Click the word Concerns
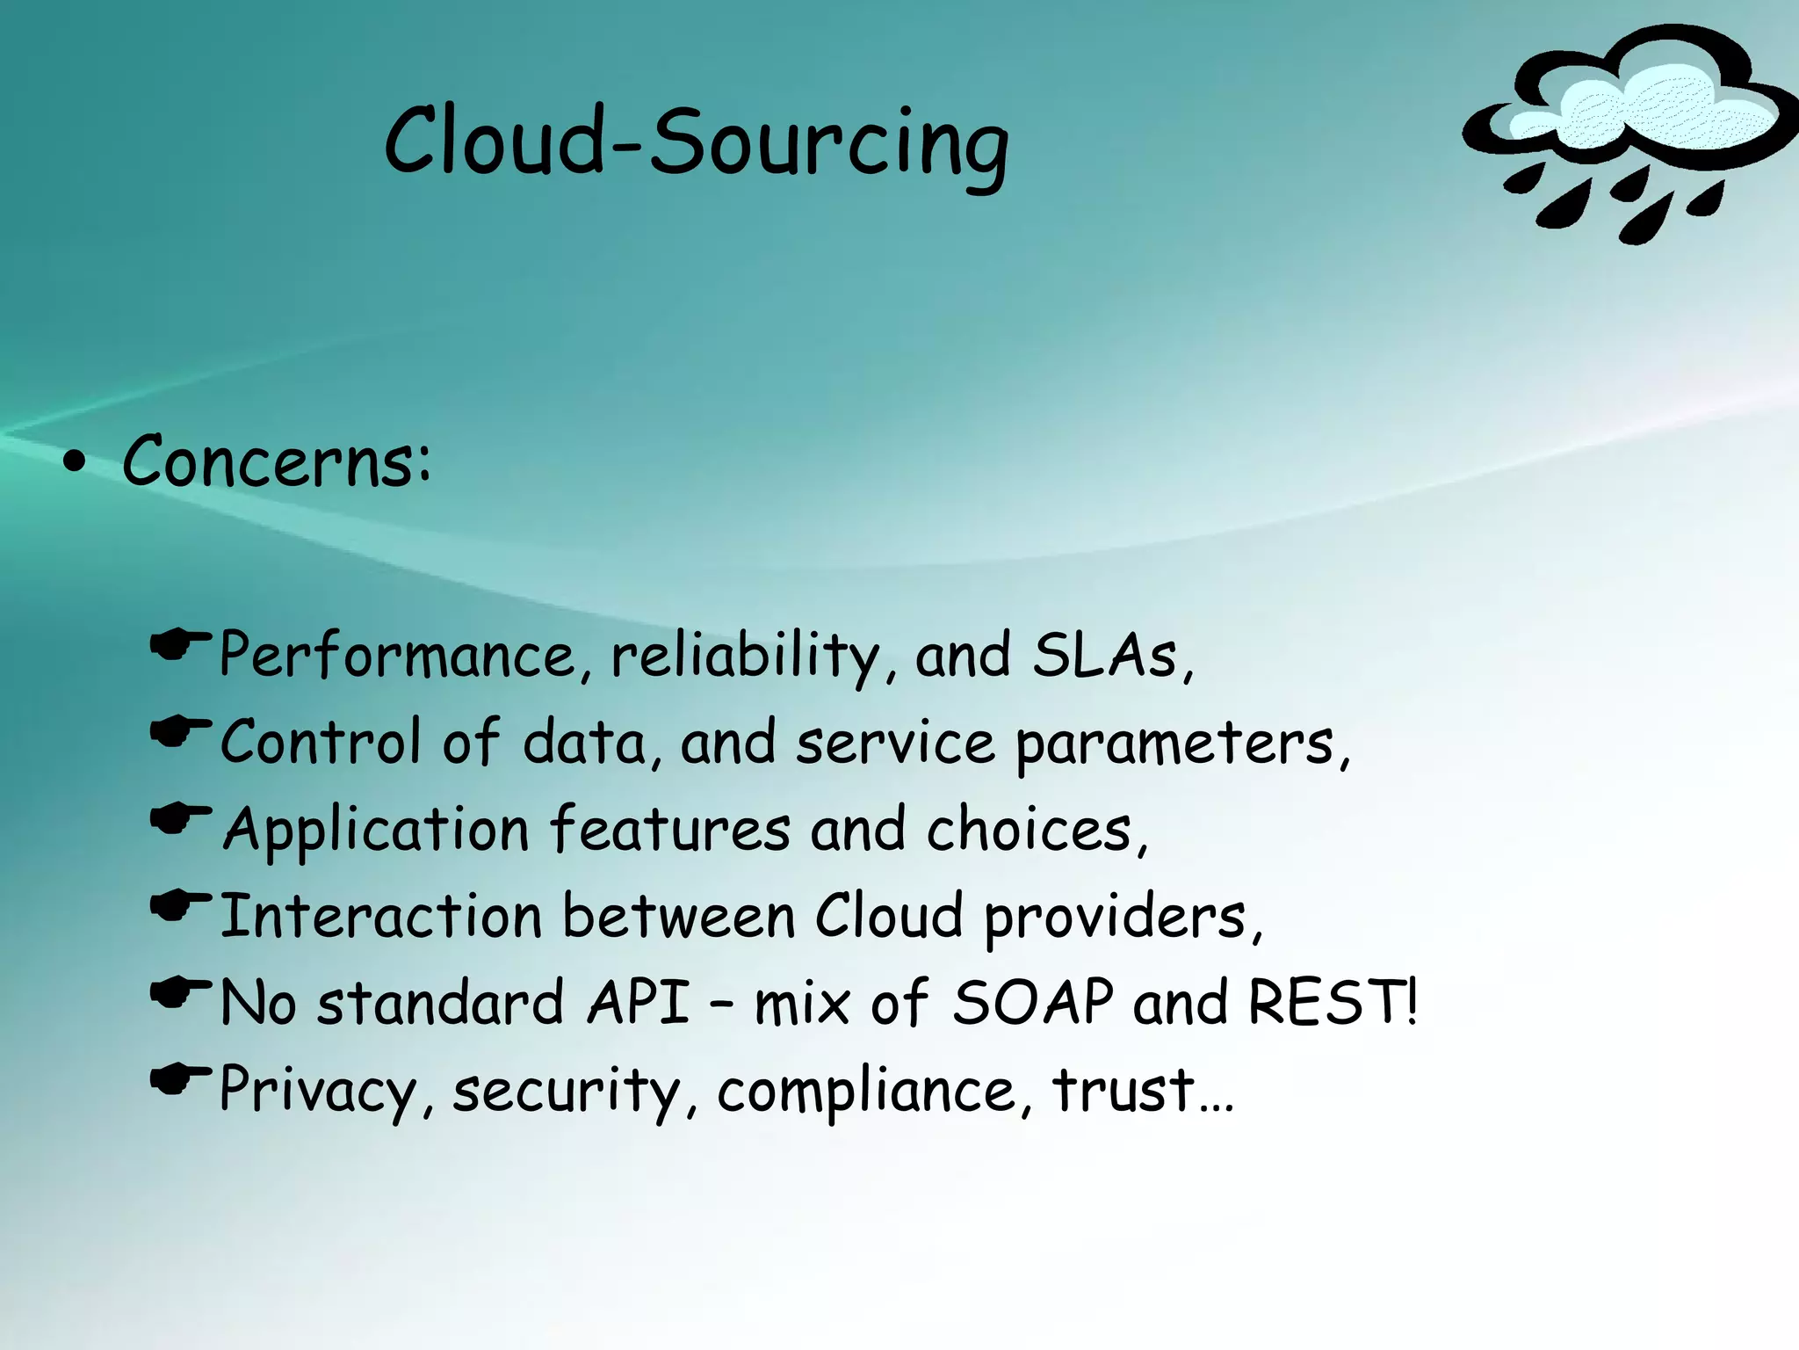[275, 461]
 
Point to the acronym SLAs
[1104, 656]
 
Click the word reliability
[745, 656]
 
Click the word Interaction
[380, 917]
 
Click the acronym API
[639, 1002]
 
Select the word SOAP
[1033, 1002]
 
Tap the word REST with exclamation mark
[1332, 1002]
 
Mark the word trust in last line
[1124, 1090]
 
